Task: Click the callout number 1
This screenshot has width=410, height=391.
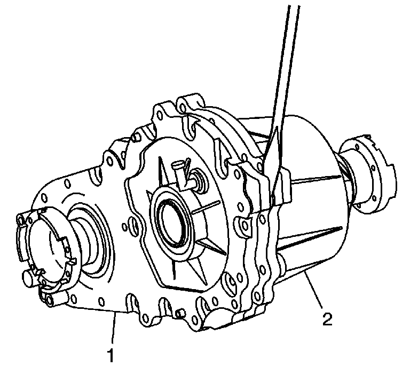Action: [x=111, y=355]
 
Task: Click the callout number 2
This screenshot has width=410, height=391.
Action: [x=327, y=319]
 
